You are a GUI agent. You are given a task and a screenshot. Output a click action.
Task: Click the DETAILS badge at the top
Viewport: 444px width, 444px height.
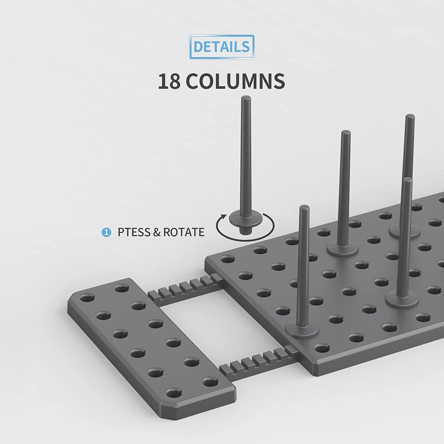(x=222, y=47)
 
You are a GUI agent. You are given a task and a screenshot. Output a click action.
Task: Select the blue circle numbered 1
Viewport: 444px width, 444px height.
(x=106, y=232)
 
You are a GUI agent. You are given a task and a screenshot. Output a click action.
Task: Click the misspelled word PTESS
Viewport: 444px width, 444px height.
(x=134, y=232)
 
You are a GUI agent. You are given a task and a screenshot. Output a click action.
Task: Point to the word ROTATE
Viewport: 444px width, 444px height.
(x=184, y=232)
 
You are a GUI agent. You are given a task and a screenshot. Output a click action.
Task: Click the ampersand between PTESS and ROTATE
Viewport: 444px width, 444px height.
(x=156, y=232)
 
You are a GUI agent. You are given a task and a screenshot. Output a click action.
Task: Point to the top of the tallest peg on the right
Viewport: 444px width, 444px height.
(x=410, y=117)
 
